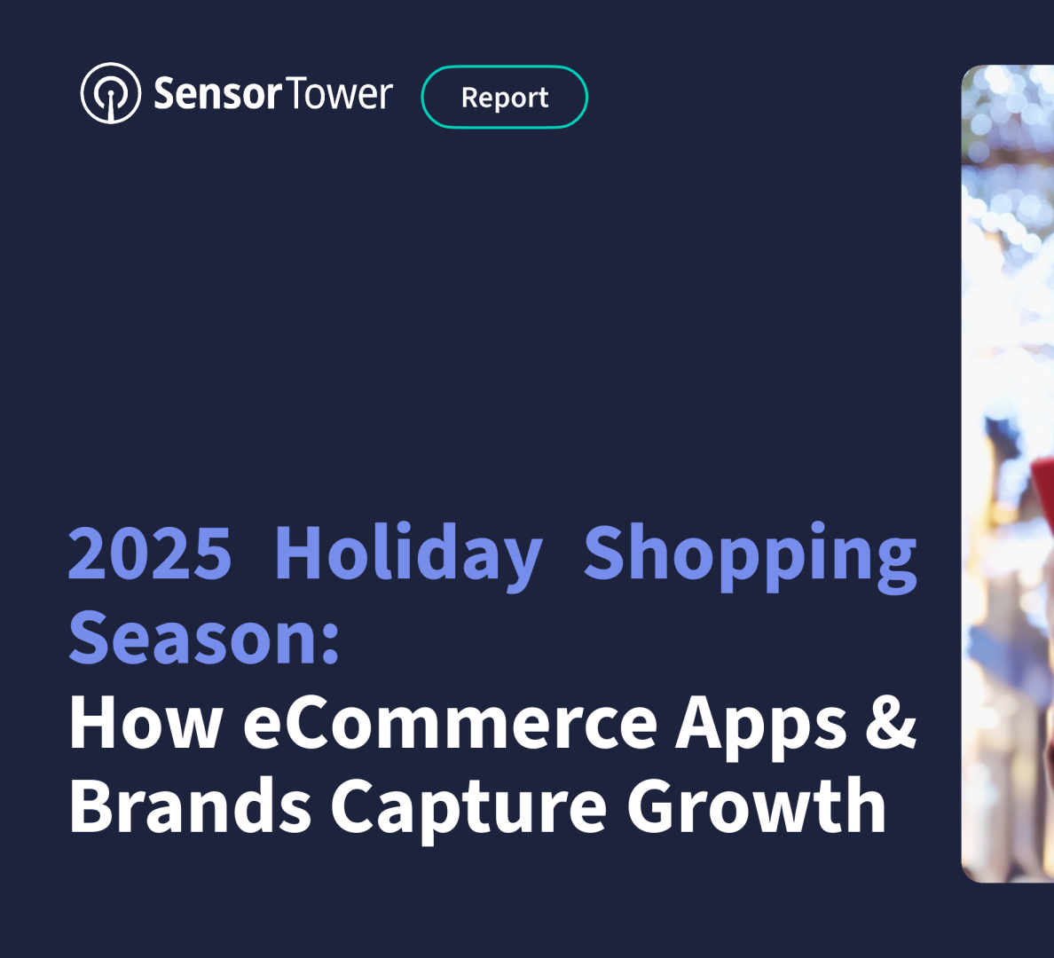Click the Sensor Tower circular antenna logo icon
click(x=111, y=93)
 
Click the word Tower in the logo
click(x=339, y=93)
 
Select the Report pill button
click(x=505, y=97)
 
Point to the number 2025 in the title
click(x=150, y=554)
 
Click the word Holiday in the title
click(x=409, y=557)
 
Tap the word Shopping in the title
click(x=751, y=557)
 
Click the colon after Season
click(x=330, y=642)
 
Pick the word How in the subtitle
click(x=146, y=721)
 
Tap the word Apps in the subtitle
click(x=760, y=726)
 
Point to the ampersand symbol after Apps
click(x=892, y=721)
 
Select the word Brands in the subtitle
click(x=190, y=804)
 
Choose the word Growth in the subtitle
click(x=756, y=804)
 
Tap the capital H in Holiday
click(x=298, y=554)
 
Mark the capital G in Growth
click(x=652, y=805)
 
